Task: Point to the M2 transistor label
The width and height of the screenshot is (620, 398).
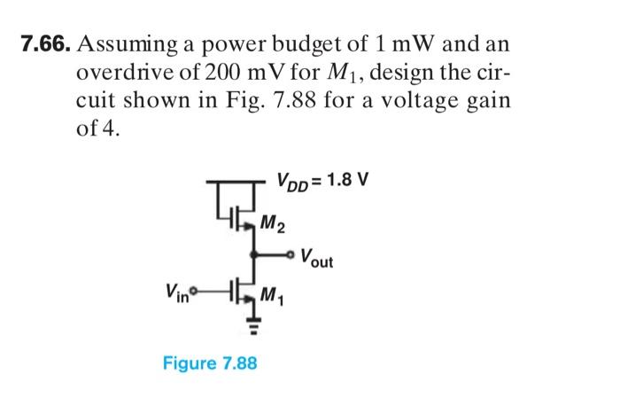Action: (x=275, y=223)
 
